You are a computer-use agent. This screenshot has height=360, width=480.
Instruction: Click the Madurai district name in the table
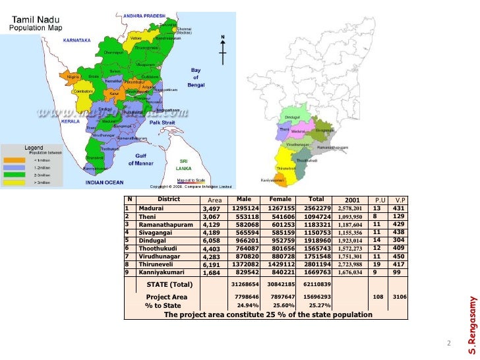(152, 208)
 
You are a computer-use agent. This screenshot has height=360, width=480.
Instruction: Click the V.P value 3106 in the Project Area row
(400, 297)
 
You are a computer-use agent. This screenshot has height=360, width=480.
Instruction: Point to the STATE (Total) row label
(169, 285)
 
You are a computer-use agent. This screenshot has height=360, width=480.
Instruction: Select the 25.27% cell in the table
(320, 306)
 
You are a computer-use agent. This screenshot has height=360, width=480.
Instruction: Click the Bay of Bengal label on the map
(196, 77)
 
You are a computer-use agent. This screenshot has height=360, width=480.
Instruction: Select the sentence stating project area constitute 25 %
(268, 315)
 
